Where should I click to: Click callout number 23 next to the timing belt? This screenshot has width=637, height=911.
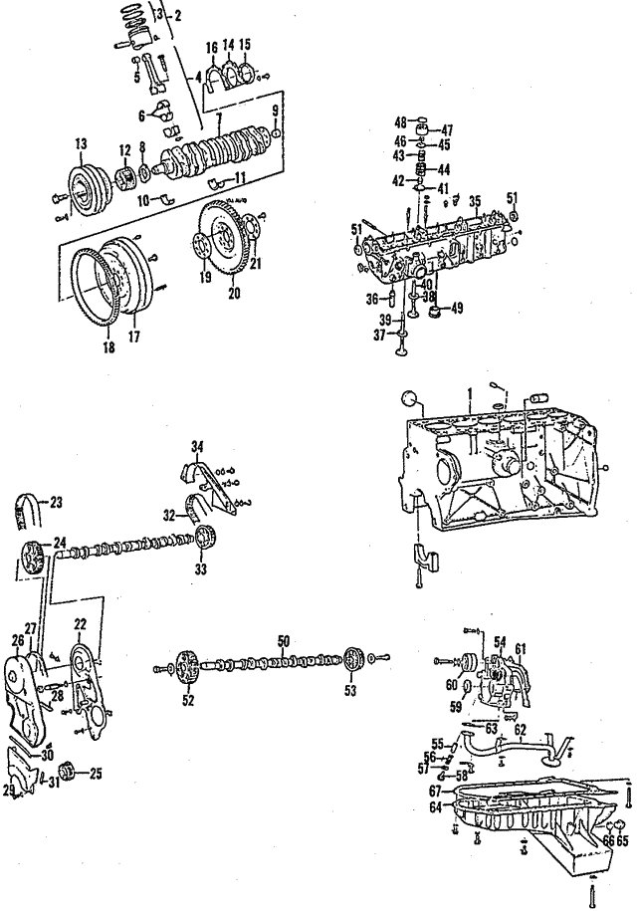click(x=56, y=501)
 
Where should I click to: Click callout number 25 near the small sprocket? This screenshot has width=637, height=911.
click(x=96, y=772)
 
